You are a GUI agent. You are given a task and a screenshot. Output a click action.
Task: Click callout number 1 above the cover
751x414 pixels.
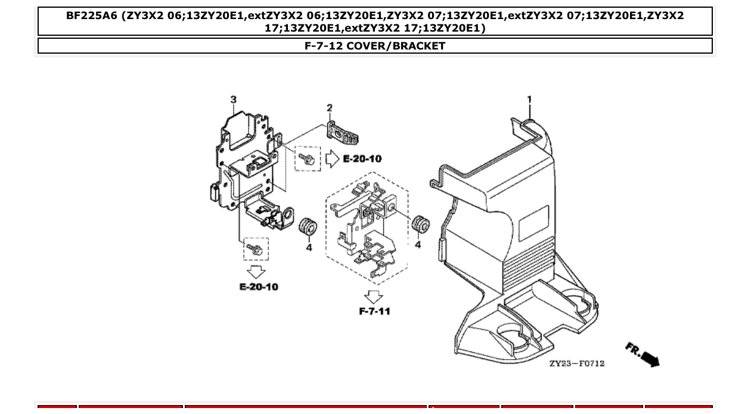tap(529, 100)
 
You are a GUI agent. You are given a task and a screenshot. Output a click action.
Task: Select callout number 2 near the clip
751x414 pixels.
tap(330, 108)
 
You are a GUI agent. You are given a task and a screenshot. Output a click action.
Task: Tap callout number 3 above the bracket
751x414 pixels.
tap(233, 99)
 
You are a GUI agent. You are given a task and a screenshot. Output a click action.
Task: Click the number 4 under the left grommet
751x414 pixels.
tap(309, 247)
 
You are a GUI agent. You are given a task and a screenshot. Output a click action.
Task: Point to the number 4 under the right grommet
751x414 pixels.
tap(418, 245)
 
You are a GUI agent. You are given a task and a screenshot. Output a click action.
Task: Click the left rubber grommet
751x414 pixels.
tap(308, 228)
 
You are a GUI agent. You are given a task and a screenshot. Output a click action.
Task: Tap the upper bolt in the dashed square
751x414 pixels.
tap(308, 159)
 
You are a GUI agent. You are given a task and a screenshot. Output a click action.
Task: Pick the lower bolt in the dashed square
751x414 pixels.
tap(256, 249)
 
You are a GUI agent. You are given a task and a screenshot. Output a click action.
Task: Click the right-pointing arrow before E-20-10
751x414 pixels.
tap(332, 159)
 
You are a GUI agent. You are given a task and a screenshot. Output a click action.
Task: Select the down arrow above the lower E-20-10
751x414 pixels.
tap(257, 272)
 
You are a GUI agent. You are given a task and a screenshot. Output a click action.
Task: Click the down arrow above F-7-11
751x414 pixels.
tap(374, 296)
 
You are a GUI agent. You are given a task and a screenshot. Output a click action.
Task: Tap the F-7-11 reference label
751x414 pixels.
tap(374, 311)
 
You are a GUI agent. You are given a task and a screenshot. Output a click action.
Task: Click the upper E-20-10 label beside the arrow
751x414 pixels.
tap(362, 159)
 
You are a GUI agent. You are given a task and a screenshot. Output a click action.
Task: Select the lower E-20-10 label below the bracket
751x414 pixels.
tap(259, 287)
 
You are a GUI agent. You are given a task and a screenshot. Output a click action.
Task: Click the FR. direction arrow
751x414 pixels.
tap(643, 354)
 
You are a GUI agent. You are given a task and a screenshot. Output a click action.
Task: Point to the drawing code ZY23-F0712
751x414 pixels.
tap(576, 363)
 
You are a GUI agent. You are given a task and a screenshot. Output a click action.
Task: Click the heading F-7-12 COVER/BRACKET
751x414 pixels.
tap(375, 46)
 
